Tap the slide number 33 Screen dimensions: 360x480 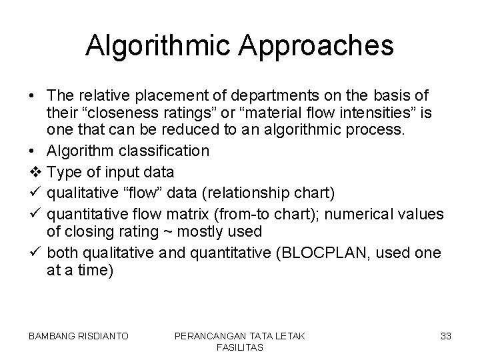pyautogui.click(x=446, y=337)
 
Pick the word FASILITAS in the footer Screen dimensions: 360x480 pyautogui.click(x=240, y=348)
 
